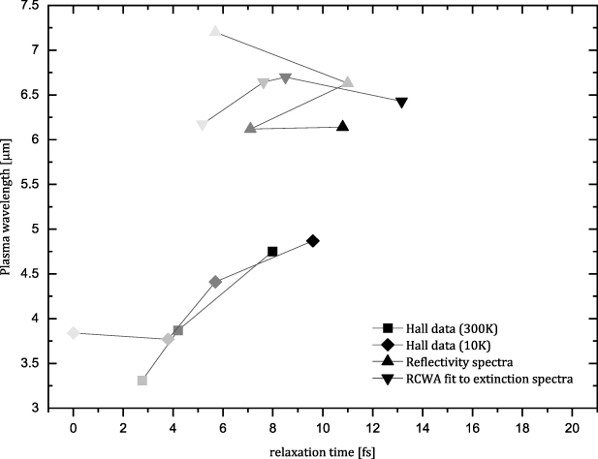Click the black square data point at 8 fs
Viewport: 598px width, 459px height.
tap(272, 252)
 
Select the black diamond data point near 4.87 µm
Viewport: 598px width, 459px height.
tap(312, 241)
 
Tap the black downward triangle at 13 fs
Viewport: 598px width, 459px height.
tap(401, 103)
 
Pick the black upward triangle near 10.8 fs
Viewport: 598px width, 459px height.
tap(342, 126)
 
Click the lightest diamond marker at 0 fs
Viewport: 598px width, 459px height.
tap(73, 333)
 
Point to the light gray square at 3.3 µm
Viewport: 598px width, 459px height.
tap(142, 381)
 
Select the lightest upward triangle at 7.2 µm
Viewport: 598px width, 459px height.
tap(215, 31)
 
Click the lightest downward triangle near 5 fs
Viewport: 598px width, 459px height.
tap(202, 126)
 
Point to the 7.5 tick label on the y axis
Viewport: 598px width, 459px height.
tap(42, 6)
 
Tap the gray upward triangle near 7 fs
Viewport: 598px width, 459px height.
tap(250, 128)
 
